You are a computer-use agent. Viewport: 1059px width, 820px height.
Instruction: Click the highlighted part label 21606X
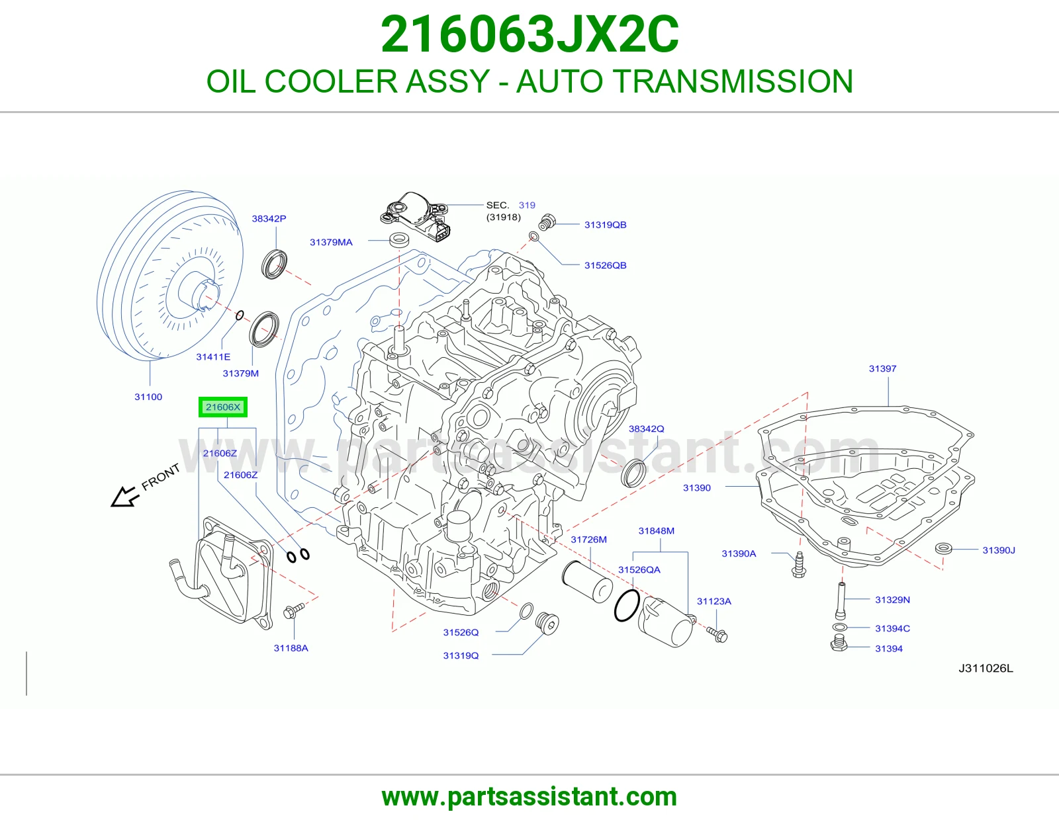point(222,407)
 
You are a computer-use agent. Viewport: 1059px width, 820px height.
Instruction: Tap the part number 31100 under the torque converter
point(148,397)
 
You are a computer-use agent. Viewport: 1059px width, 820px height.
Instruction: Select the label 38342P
point(269,219)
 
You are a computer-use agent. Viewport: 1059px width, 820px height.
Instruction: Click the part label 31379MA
point(331,242)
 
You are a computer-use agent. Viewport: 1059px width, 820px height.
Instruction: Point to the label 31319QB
point(605,225)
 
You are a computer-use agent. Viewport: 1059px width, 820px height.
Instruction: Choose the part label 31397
point(882,368)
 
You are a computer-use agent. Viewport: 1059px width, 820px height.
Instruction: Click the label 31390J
point(999,550)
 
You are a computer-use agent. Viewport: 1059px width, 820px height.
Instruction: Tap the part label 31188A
point(291,648)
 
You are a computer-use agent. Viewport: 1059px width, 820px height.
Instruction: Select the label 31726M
point(588,540)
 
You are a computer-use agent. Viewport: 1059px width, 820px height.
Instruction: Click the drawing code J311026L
point(986,668)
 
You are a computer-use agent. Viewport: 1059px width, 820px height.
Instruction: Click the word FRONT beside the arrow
point(161,477)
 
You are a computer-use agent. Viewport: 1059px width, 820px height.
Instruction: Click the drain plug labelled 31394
point(838,642)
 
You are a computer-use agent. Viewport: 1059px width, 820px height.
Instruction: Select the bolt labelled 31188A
point(293,610)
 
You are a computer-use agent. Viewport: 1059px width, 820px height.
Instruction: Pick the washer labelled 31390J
point(943,548)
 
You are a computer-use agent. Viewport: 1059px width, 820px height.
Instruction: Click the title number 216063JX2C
point(529,34)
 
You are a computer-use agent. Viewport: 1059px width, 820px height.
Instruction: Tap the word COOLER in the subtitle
point(331,81)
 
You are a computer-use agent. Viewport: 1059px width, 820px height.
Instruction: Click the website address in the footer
point(529,797)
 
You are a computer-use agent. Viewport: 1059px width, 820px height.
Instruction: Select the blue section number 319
point(527,205)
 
